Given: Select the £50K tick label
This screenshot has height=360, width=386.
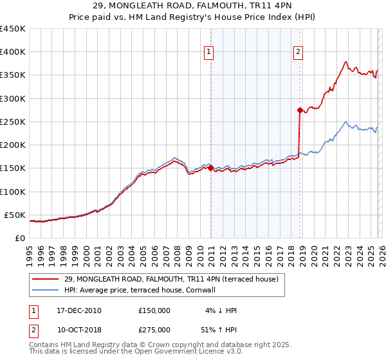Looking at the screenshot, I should tap(15, 215).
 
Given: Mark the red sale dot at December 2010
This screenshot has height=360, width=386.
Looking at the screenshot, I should tap(210, 168).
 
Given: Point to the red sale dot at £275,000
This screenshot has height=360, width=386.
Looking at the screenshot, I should tap(300, 110).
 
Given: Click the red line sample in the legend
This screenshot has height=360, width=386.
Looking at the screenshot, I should tap(45, 279).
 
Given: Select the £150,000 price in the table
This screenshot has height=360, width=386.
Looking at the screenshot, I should tap(154, 310).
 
